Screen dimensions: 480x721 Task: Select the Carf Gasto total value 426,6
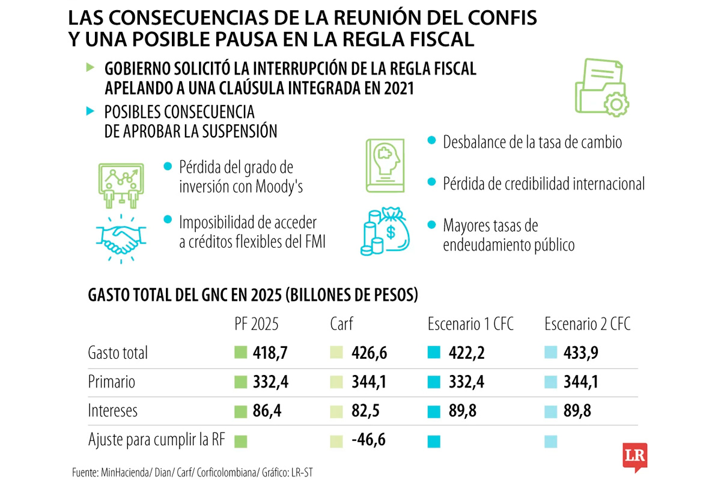[x=369, y=353]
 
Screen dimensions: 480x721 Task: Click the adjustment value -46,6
[x=368, y=440]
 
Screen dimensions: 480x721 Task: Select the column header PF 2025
[x=257, y=325]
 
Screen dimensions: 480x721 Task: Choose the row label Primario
[x=111, y=382]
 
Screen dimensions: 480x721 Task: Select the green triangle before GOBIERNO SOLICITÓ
[x=90, y=68]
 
